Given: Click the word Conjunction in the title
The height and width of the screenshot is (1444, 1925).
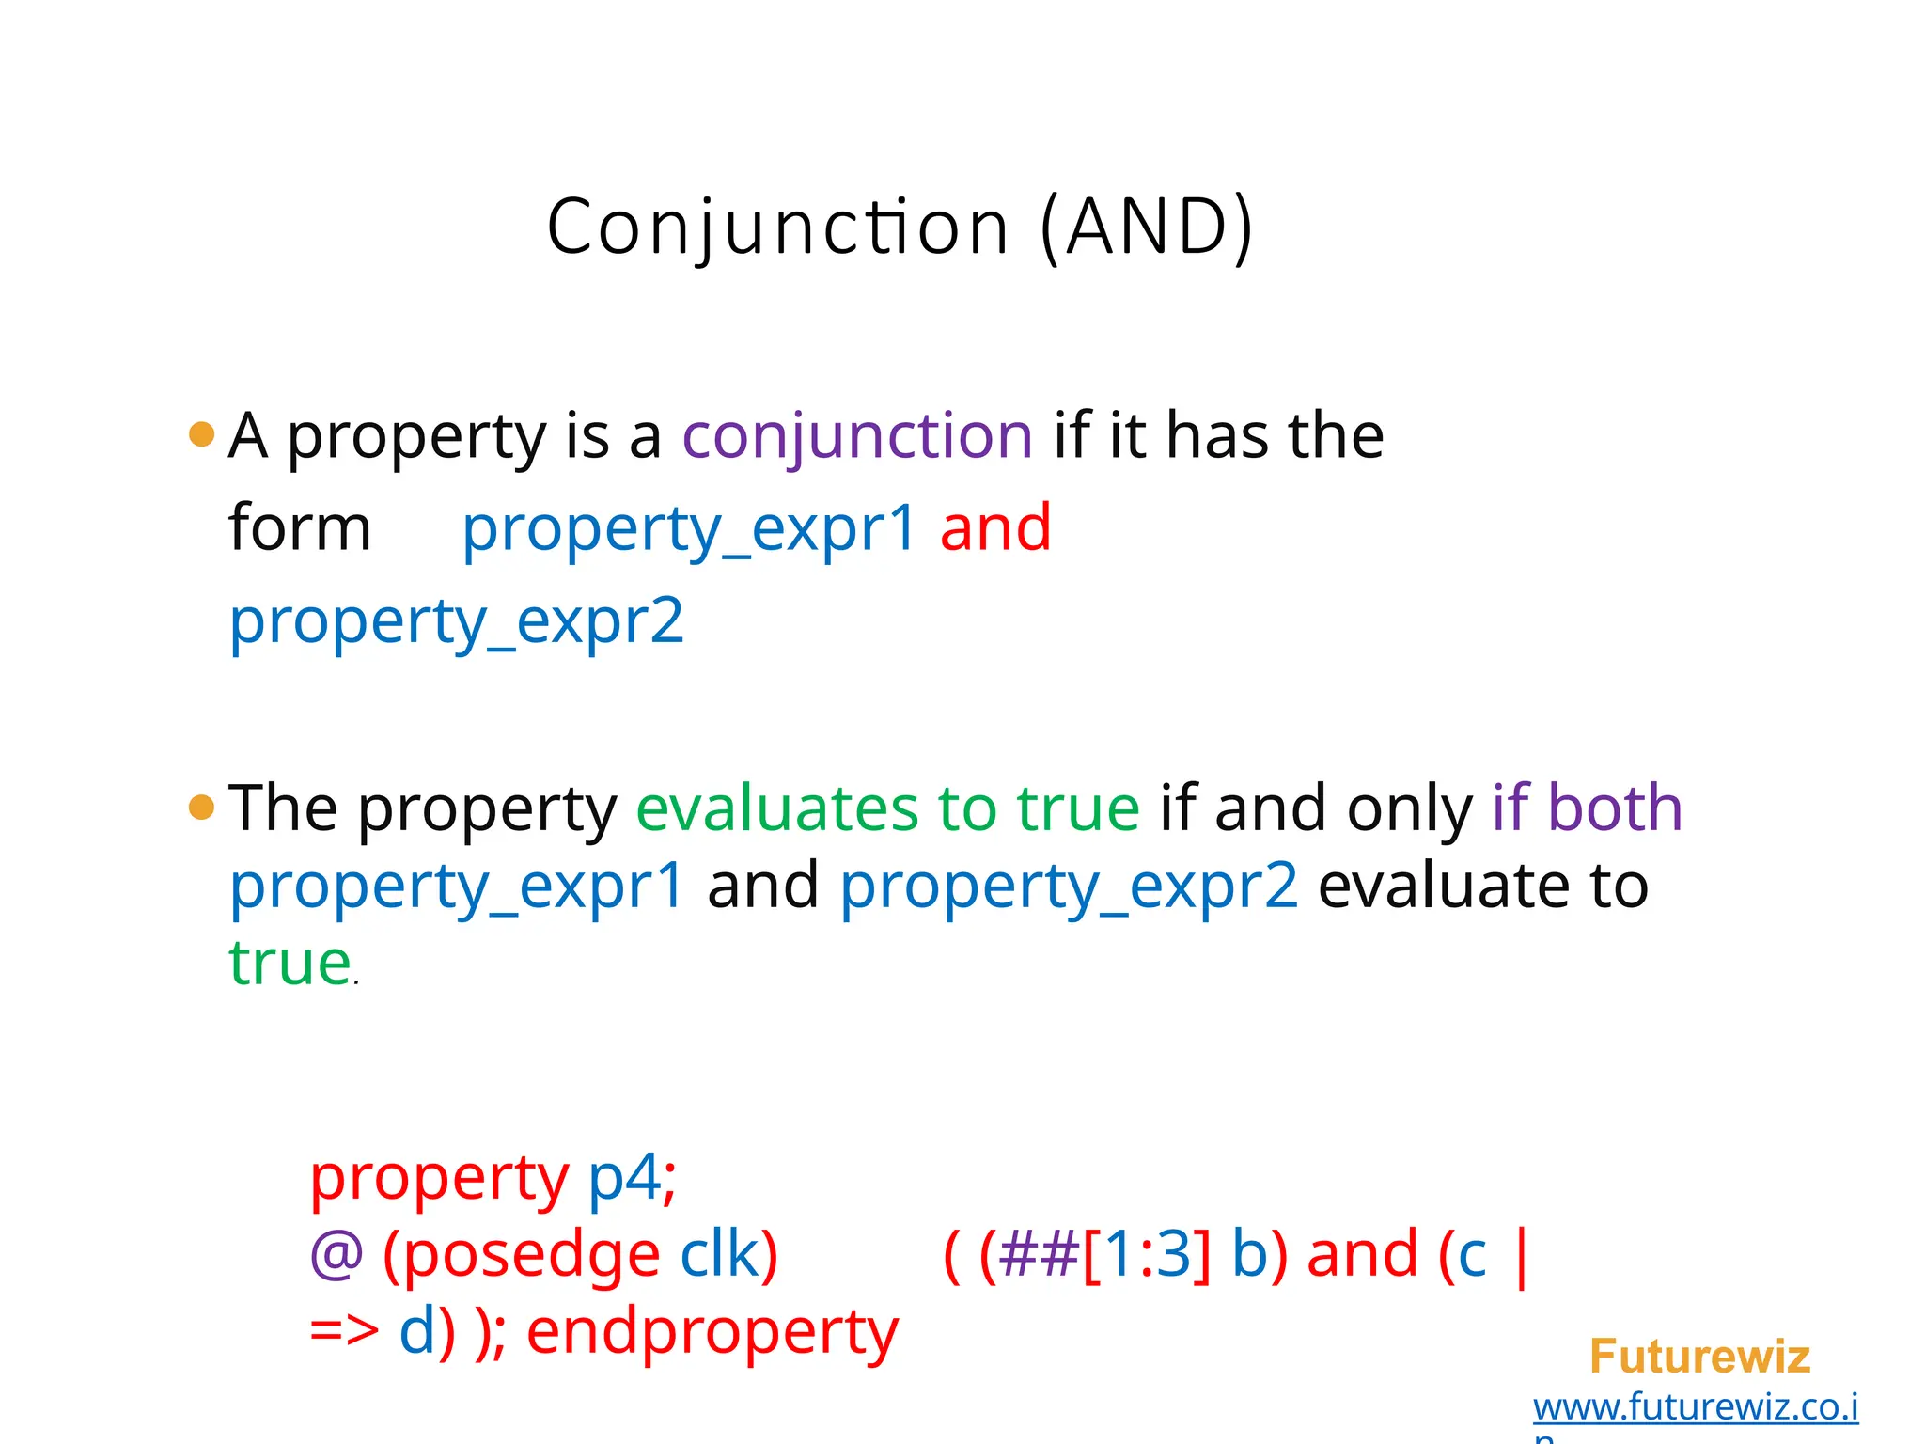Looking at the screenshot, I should pos(777,228).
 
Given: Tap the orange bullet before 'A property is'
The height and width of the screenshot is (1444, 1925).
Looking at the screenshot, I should pos(201,434).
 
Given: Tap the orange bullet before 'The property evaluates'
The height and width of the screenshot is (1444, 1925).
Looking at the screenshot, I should pos(201,807).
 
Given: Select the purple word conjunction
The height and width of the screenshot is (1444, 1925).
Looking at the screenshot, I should pos(857,437).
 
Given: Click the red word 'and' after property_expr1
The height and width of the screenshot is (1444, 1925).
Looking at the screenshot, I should pos(995,528).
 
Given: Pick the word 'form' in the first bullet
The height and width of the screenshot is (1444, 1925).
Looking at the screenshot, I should pos(299,528).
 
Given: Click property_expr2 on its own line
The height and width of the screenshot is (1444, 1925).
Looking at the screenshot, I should pos(457,622).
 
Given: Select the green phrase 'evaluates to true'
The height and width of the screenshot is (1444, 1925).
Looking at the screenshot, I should pos(888,808).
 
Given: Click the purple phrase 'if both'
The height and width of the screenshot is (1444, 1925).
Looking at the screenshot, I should pos(1587,808).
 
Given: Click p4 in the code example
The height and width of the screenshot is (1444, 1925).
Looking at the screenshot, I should pos(624,1177).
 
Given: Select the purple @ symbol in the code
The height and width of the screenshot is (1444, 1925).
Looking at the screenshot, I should pos(336,1255).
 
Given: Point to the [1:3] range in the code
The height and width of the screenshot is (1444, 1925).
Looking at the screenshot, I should pos(1147,1255).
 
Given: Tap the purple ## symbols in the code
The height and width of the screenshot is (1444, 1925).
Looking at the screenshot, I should pos(1040,1255).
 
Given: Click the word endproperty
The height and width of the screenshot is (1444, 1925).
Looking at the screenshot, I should pos(712,1333).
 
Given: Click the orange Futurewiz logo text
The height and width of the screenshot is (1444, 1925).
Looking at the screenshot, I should pos(1699,1357).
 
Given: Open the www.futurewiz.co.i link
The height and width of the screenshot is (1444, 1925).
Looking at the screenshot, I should pos(1696,1407).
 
